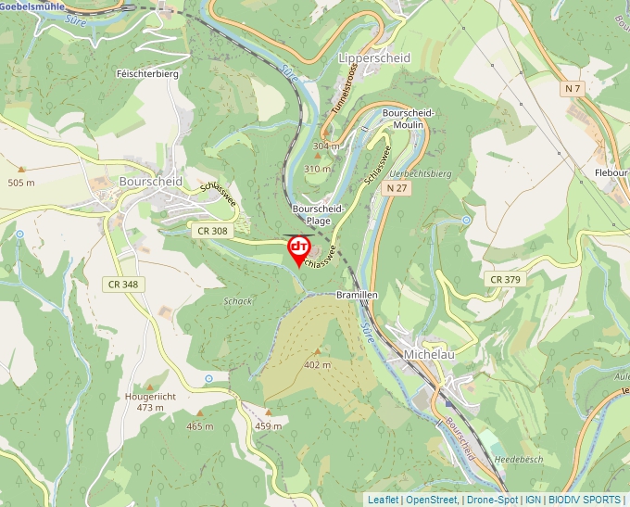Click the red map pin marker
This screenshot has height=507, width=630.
(299, 248)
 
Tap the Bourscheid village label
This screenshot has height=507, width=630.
(151, 182)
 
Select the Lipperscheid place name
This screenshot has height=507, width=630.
(374, 57)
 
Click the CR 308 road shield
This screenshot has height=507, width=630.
(212, 229)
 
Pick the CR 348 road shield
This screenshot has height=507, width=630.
(122, 284)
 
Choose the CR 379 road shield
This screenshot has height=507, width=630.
(506, 279)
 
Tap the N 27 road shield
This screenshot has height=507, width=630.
(397, 188)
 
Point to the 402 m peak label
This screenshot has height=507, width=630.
(317, 364)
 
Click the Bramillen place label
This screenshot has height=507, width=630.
(357, 294)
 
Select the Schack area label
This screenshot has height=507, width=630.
(238, 301)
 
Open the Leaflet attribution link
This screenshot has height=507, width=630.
(383, 500)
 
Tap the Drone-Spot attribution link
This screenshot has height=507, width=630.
(492, 500)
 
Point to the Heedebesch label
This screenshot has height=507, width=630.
(518, 459)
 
